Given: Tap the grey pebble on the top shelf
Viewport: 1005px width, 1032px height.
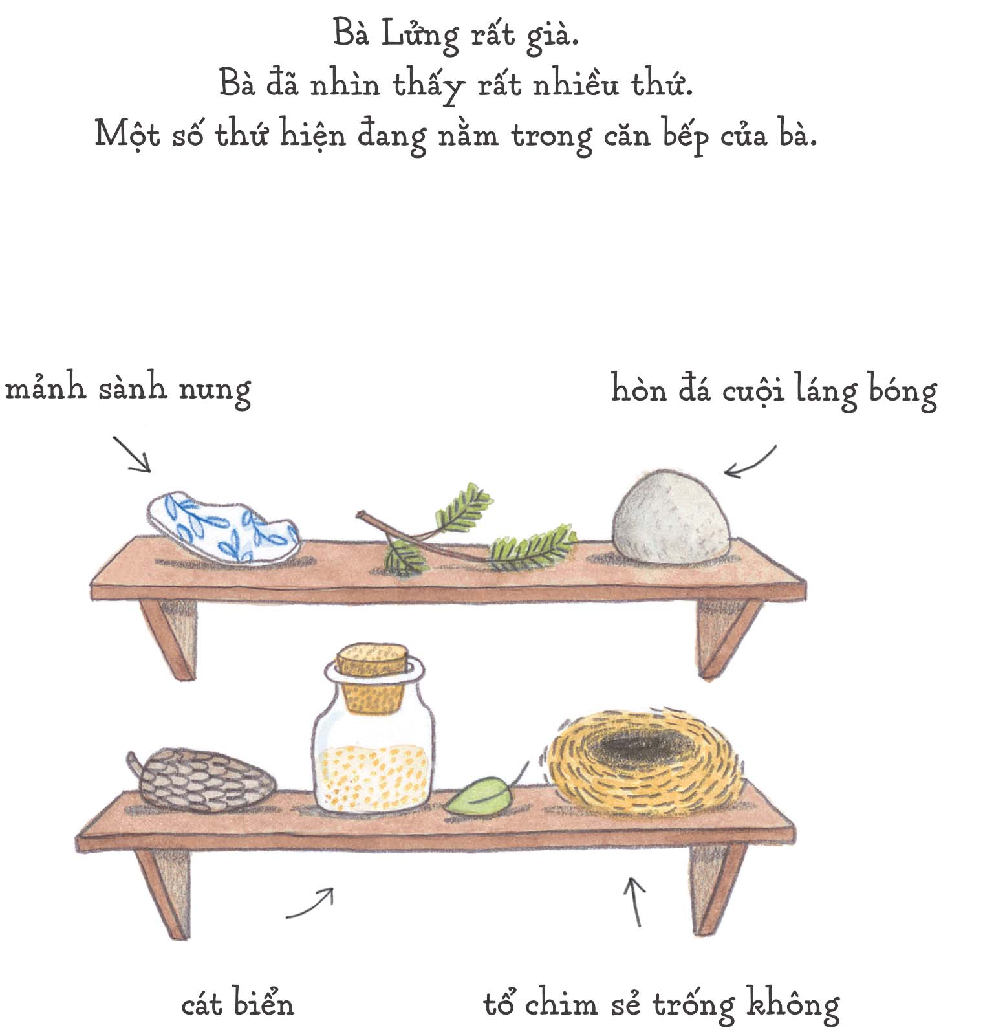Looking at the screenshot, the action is click(671, 516).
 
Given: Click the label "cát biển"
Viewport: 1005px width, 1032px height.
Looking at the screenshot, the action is click(237, 1003).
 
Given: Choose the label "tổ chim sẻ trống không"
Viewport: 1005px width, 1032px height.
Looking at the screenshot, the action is click(661, 1004).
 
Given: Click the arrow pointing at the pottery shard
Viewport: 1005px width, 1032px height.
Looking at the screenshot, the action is click(132, 454).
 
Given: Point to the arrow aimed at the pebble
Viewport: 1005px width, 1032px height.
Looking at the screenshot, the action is click(750, 462).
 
